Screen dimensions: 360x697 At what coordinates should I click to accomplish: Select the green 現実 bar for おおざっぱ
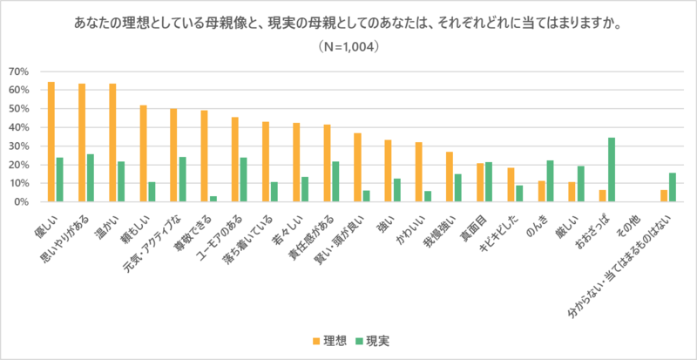point(612,169)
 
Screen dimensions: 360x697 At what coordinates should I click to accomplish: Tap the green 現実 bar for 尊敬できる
point(213,199)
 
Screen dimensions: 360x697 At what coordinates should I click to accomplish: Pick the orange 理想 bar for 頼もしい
point(144,153)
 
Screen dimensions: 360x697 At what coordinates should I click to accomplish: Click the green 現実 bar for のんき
point(550,180)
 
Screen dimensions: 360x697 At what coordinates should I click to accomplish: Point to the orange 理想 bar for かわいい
point(418,172)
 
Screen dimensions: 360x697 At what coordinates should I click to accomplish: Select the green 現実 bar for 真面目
point(489,181)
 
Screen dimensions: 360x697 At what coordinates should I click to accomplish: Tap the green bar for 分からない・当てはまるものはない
point(673,187)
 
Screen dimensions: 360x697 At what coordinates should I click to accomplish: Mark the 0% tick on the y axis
point(21,201)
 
